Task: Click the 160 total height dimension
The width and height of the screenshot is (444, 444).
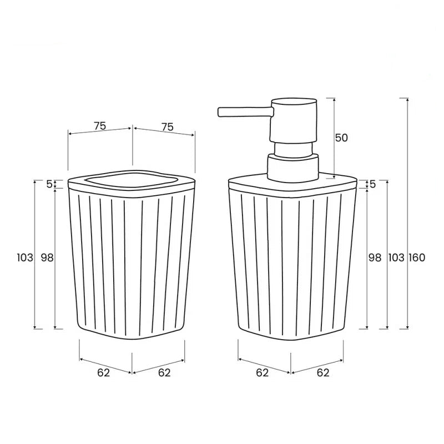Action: click(417, 258)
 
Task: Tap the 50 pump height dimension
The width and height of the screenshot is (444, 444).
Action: click(342, 138)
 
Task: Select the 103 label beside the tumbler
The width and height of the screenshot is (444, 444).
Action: click(25, 258)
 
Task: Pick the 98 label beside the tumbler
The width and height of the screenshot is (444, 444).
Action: click(47, 258)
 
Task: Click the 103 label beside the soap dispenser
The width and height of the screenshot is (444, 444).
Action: click(396, 258)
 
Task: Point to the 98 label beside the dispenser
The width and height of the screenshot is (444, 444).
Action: click(375, 258)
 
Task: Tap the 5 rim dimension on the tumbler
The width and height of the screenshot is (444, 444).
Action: click(49, 184)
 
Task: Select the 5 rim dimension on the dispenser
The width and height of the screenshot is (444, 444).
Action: click(372, 184)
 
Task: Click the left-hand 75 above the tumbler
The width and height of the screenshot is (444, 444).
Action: click(100, 126)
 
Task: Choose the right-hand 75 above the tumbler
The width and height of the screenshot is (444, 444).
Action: click(167, 127)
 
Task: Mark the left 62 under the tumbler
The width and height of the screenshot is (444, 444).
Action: click(104, 372)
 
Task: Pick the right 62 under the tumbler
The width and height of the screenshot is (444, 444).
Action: click(164, 372)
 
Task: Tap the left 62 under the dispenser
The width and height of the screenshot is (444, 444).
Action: click(263, 372)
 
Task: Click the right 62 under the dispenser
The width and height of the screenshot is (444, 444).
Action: click(323, 372)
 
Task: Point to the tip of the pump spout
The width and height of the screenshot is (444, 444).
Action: click(220, 112)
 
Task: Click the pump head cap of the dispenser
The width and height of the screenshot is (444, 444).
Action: click(293, 119)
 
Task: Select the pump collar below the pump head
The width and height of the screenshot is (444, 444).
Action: click(294, 167)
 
